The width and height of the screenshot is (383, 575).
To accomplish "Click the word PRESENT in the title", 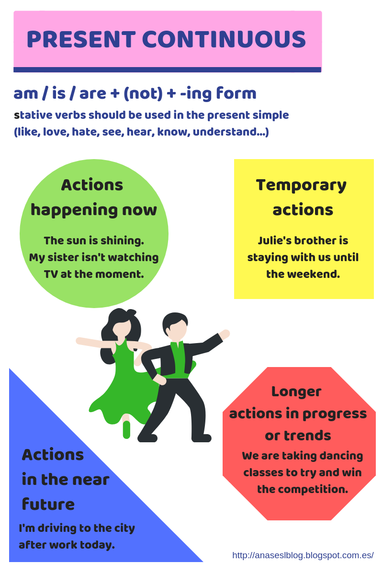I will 80,40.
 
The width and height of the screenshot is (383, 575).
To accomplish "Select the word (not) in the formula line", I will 143,93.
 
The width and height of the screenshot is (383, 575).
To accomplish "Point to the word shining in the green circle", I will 124,241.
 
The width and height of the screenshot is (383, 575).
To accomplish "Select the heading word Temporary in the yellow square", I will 301,185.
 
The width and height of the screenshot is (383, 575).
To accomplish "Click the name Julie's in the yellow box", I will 274,241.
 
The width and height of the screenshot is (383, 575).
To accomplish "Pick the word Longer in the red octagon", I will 296,391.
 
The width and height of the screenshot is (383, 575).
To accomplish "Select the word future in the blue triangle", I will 48,504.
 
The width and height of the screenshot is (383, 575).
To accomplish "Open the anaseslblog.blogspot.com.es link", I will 303,555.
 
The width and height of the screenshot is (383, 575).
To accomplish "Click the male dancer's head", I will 175,326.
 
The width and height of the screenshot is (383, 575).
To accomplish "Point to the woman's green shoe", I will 126,430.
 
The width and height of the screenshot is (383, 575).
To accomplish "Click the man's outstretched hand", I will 224,334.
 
